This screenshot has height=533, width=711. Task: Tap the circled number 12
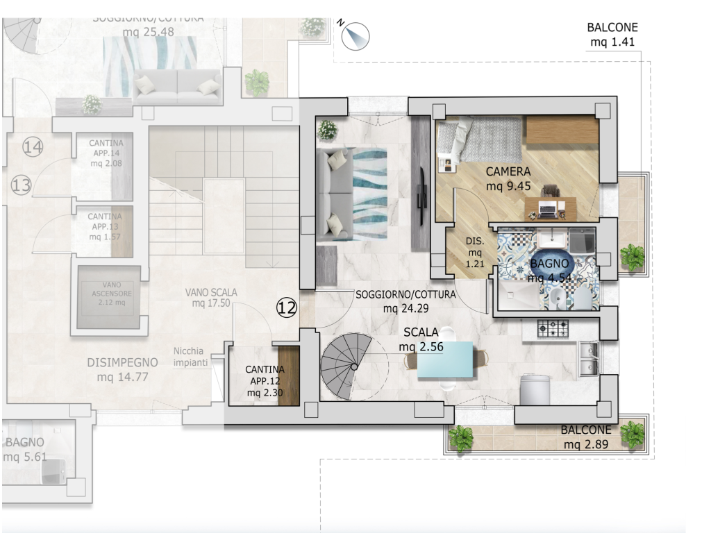coord(287,307)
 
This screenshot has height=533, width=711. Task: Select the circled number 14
coord(33,146)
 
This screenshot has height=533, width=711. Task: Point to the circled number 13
coord(21,185)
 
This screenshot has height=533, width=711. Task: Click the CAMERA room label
coord(508,172)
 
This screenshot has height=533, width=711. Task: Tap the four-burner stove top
coord(553,328)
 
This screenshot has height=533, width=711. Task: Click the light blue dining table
coord(445,359)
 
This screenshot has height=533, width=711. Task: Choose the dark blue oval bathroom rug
coord(549,264)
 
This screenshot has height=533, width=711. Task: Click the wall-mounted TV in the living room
coord(422,196)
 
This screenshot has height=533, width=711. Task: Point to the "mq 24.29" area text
coord(405,309)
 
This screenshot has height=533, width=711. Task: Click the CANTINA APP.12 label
coord(265,381)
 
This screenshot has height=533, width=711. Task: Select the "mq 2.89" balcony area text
coord(586,445)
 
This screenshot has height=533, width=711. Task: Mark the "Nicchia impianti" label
coord(190,357)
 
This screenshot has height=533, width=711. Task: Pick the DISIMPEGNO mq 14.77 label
coord(122,369)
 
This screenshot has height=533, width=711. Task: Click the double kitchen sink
coord(588,359)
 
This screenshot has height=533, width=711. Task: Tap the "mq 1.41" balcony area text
coord(612,42)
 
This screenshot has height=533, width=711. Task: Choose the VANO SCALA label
coord(211,293)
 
